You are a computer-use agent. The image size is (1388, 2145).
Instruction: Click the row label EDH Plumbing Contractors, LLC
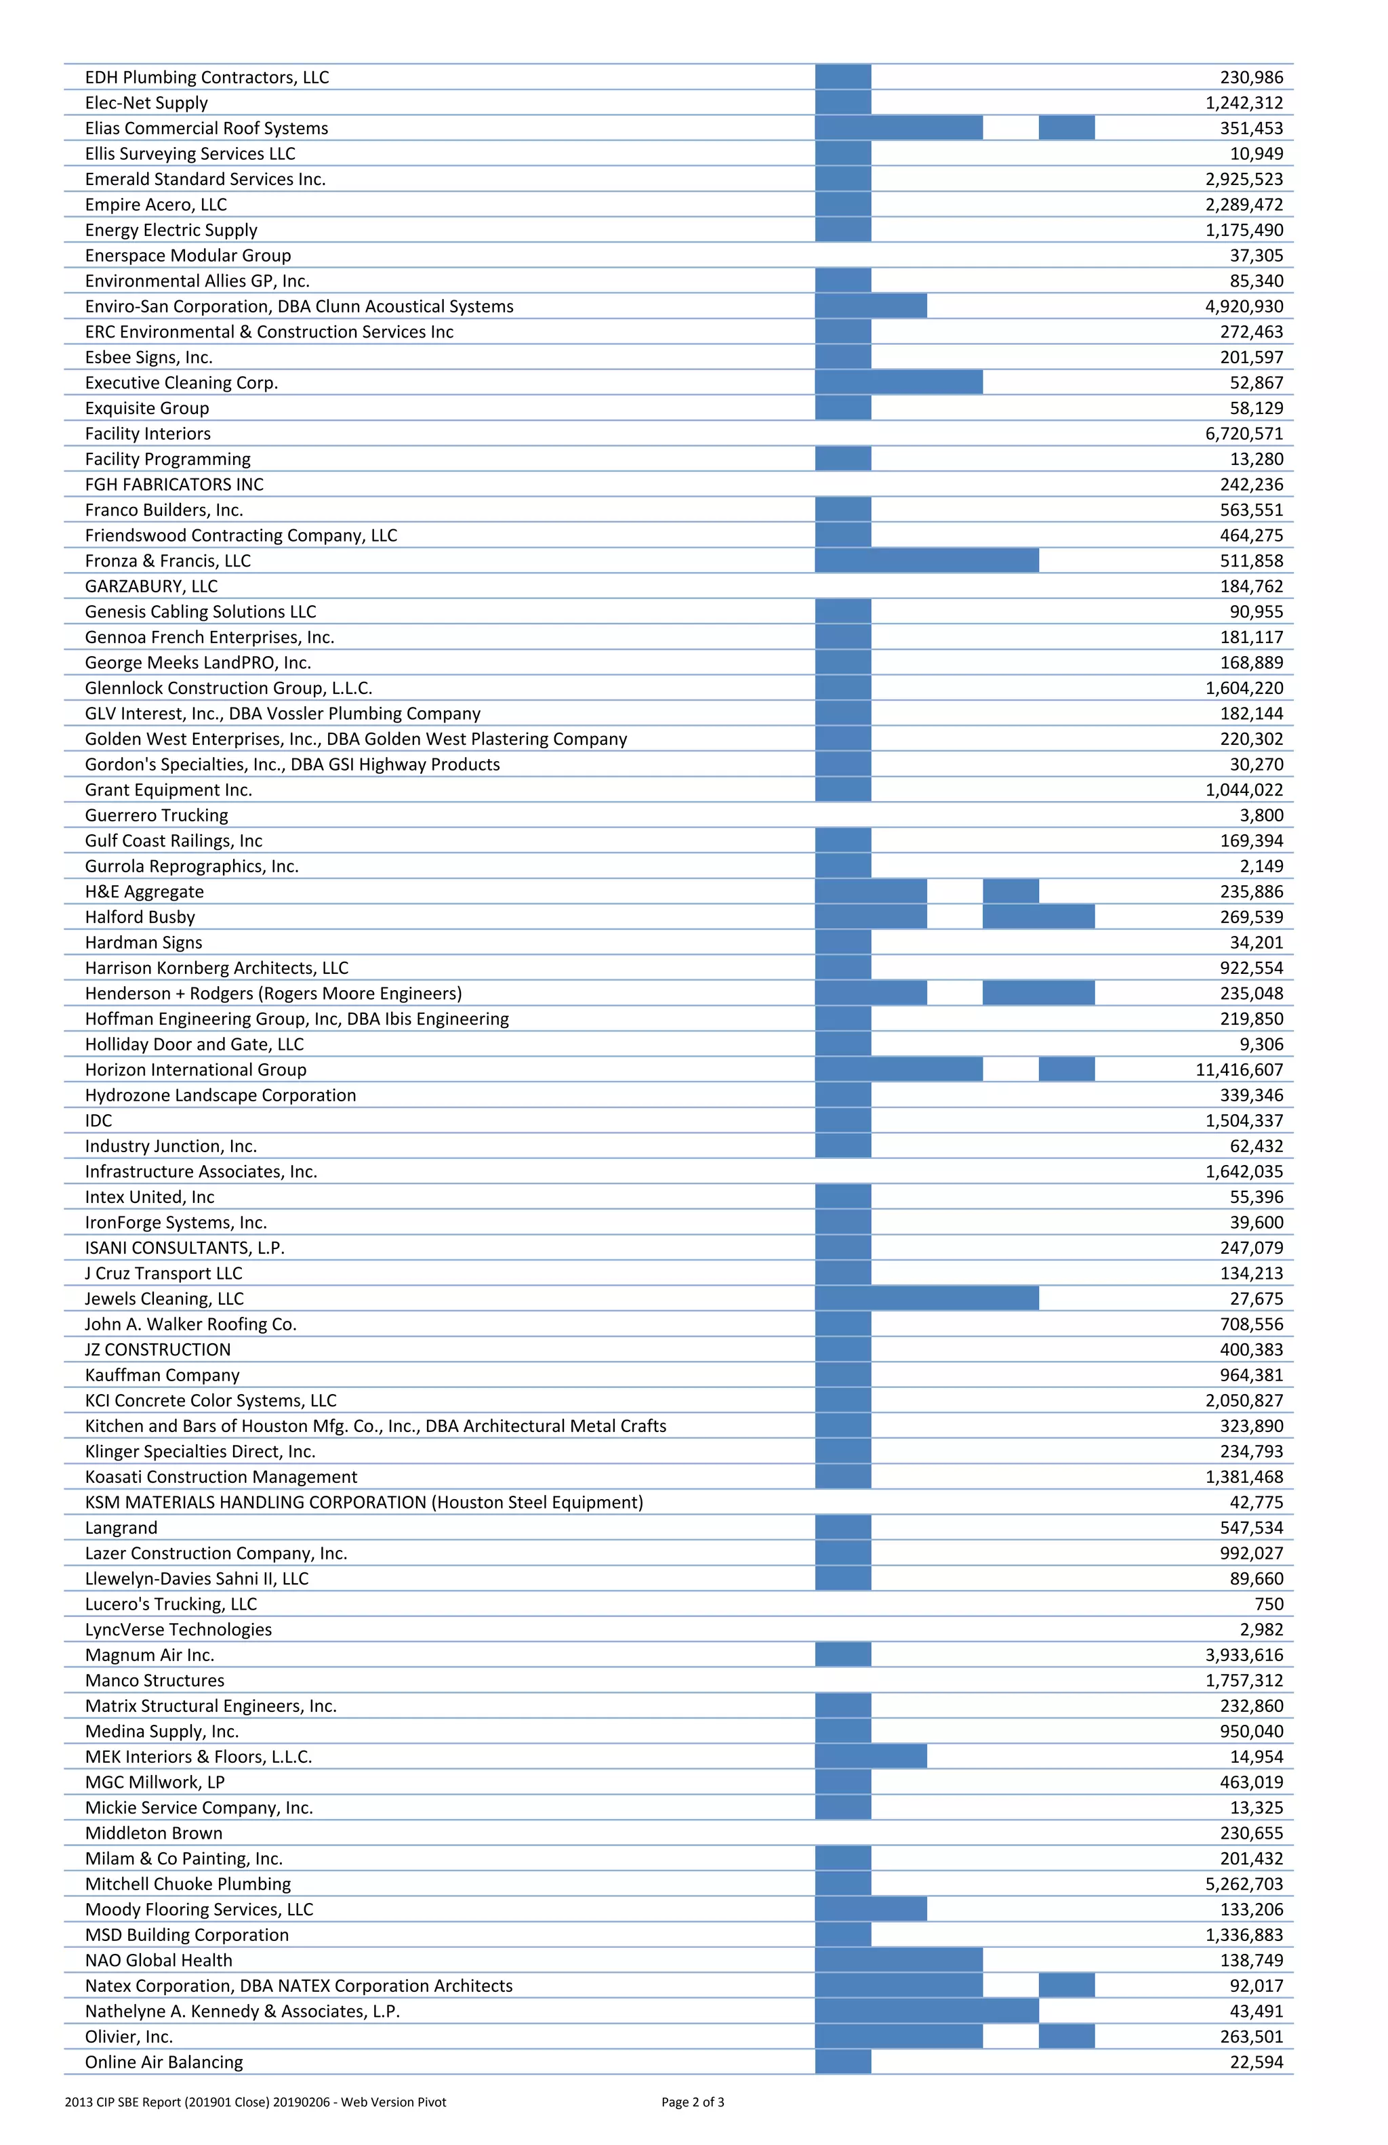[x=207, y=77]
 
